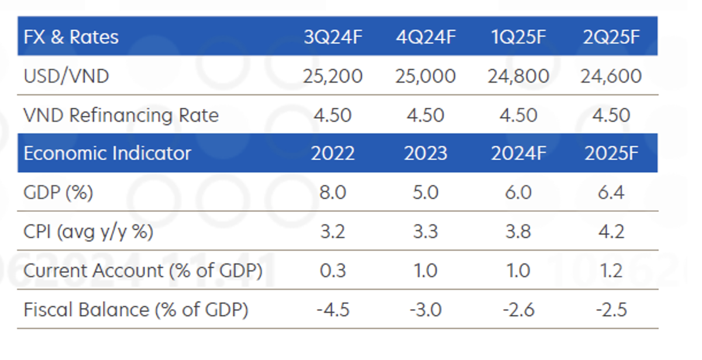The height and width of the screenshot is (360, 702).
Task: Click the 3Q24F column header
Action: [x=333, y=37]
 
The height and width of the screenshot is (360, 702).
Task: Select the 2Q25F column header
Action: [x=611, y=37]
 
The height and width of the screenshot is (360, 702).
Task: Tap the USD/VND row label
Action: [x=66, y=76]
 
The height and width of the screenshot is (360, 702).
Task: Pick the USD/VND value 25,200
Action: [x=333, y=76]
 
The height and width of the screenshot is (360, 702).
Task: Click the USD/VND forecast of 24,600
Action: [x=611, y=76]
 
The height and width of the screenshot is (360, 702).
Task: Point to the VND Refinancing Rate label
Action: [x=121, y=115]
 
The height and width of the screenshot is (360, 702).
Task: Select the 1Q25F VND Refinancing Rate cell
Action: [x=518, y=115]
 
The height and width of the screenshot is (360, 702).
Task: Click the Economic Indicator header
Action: [x=108, y=153]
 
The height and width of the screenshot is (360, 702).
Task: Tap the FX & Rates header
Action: [x=71, y=37]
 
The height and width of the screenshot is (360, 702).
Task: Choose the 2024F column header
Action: [x=518, y=153]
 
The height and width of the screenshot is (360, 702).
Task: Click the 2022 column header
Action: [x=333, y=153]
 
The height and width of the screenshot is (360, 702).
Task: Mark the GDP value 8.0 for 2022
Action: [x=333, y=193]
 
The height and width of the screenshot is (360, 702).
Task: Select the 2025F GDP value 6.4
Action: [x=611, y=193]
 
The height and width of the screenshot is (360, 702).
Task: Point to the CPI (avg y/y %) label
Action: [x=88, y=232]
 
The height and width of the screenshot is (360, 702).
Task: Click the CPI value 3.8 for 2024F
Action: [x=518, y=232]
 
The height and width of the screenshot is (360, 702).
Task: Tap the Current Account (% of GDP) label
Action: [x=143, y=271]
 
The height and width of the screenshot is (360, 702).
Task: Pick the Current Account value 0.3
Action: [x=333, y=271]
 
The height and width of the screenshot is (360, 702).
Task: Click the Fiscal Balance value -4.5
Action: [x=333, y=310]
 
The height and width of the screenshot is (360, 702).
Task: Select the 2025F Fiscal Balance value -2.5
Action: [x=611, y=310]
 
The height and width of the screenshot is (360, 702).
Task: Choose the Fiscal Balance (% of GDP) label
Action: [x=136, y=310]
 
